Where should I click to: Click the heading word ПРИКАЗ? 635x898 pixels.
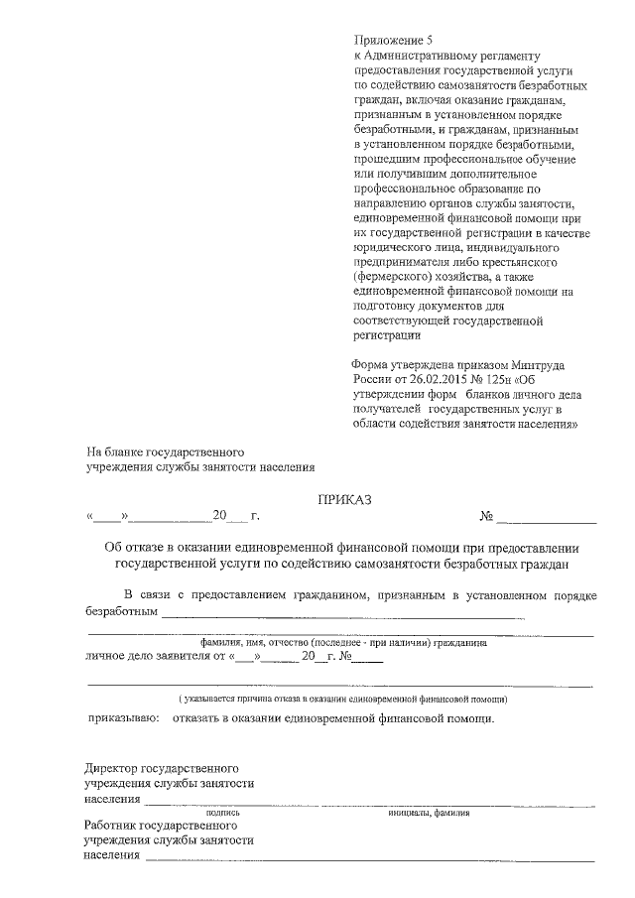point(344,500)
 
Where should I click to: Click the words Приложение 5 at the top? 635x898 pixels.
point(394,41)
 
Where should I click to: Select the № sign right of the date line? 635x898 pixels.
point(487,516)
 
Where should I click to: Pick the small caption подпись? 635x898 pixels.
point(223,812)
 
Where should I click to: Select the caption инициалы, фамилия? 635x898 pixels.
point(429,812)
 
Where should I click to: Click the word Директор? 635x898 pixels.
point(112,768)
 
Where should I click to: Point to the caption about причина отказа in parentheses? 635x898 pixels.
point(337,699)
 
